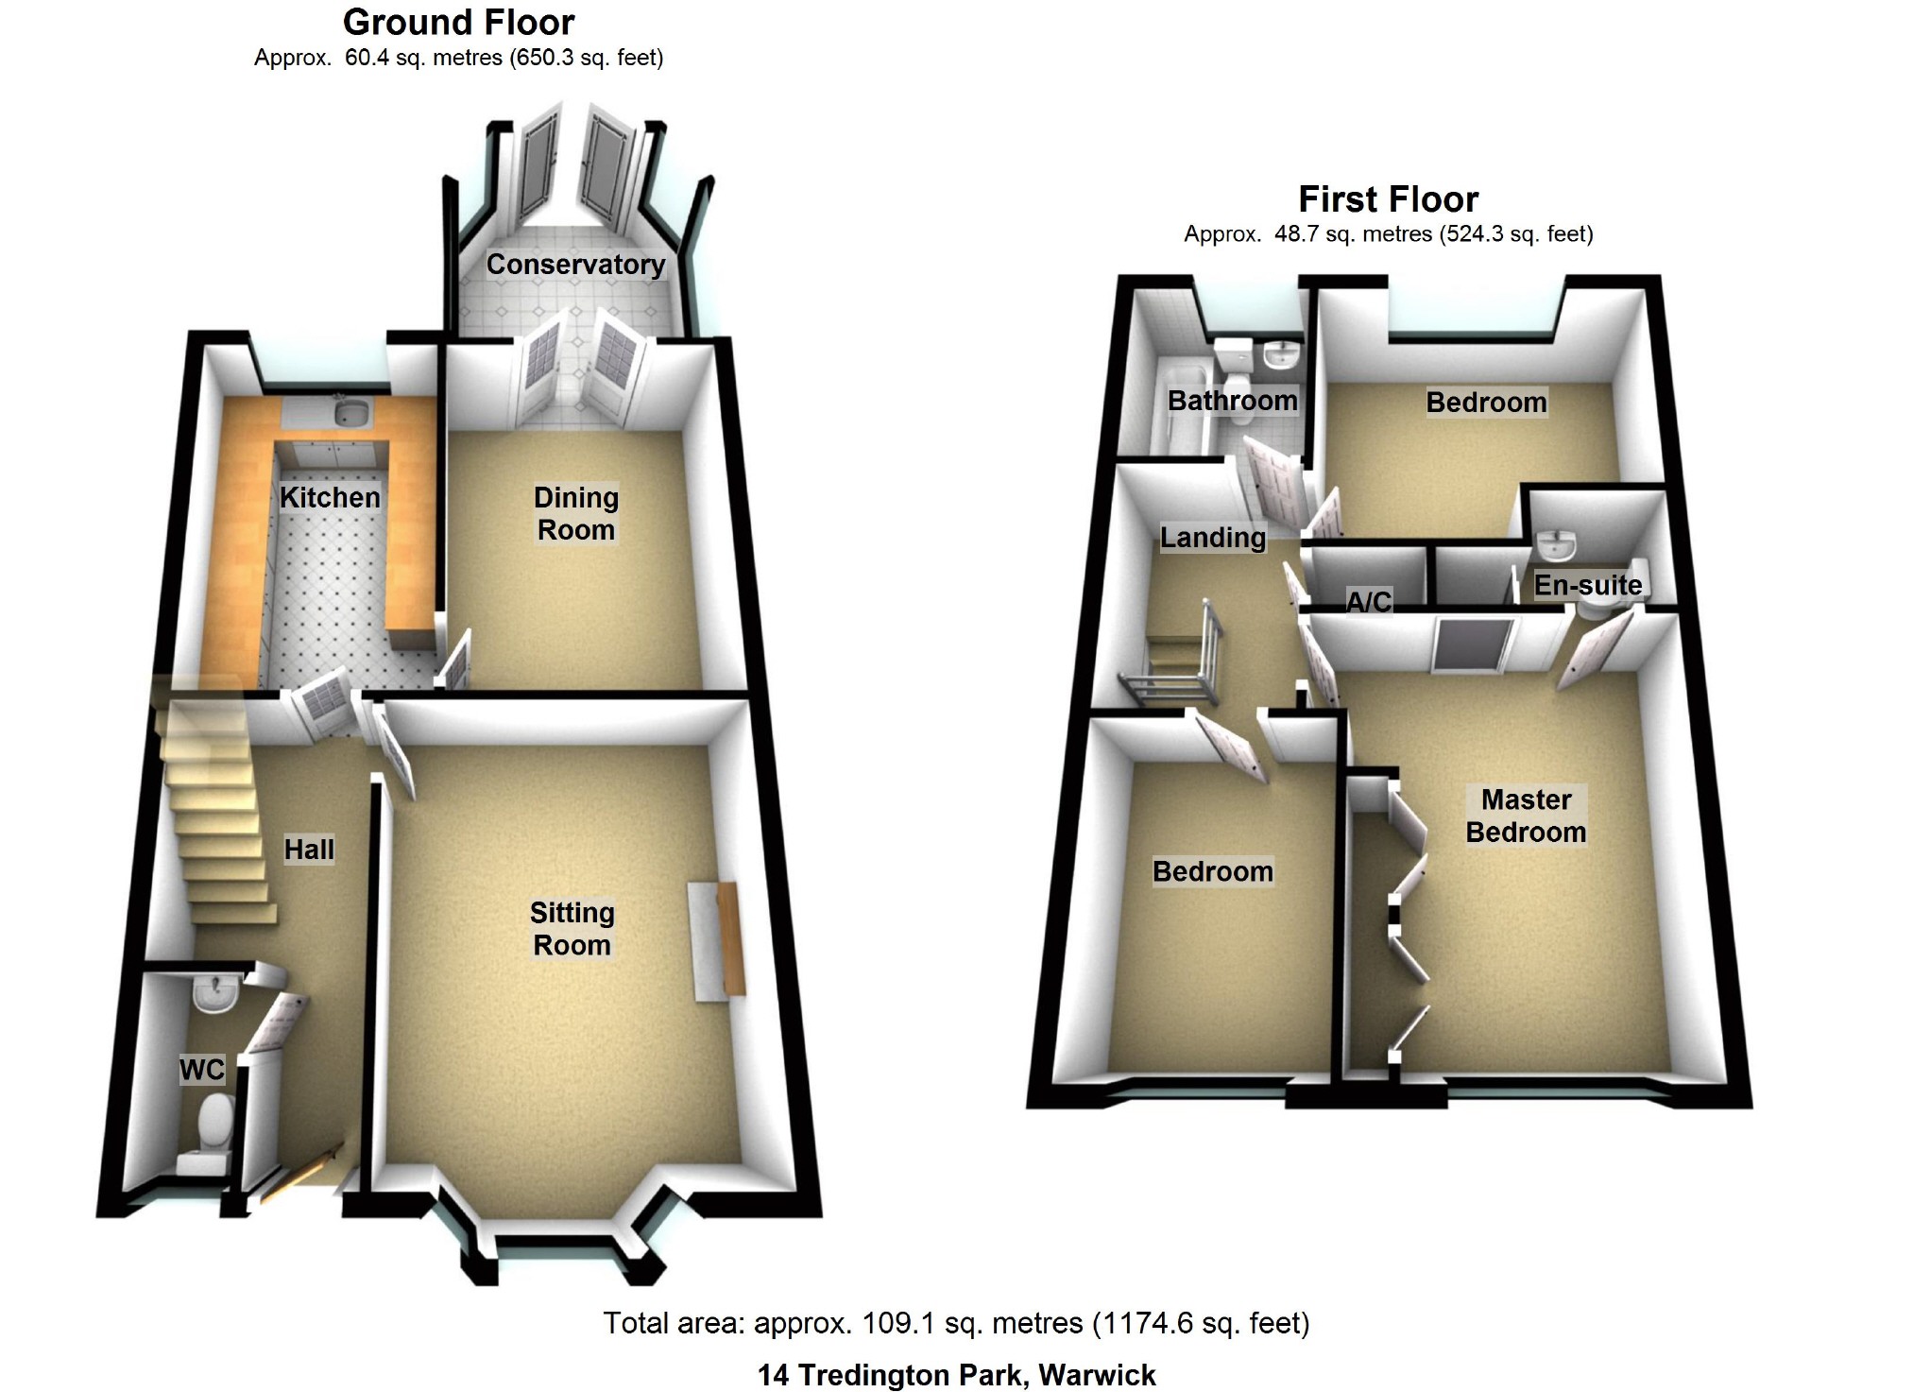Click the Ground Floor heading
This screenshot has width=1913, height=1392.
tap(458, 23)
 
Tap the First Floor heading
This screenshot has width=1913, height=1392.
tap(1388, 199)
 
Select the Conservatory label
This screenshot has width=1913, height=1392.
tap(575, 265)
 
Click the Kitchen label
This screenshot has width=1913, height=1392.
tap(330, 497)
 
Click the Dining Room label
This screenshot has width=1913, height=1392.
tap(575, 513)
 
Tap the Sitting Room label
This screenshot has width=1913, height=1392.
tap(572, 928)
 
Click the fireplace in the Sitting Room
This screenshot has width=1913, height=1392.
tap(716, 939)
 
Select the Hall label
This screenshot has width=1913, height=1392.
tap(309, 850)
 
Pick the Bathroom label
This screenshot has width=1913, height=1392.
tap(1232, 401)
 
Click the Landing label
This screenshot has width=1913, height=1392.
tap(1212, 538)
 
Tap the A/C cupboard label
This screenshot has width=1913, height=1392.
tap(1368, 601)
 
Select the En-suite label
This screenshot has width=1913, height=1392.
tap(1587, 586)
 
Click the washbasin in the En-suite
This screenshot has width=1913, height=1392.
tap(1556, 544)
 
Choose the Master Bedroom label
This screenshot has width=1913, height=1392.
tap(1525, 816)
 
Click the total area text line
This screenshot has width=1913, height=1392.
tap(956, 1323)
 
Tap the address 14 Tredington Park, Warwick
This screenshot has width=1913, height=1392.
tap(956, 1375)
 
